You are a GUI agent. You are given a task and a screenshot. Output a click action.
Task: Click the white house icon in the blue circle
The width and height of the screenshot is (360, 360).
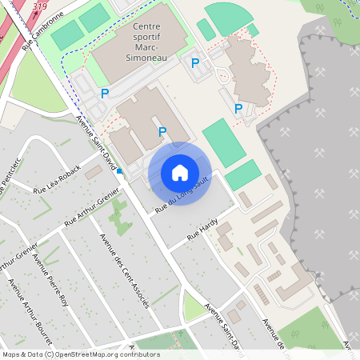(x=180, y=173)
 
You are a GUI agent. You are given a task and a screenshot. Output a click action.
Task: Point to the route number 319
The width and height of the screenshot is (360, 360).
(x=40, y=6)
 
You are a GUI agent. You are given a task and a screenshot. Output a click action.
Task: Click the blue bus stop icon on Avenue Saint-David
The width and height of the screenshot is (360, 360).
(x=119, y=170)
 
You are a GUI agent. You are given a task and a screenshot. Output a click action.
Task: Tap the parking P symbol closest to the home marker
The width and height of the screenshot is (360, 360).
(x=162, y=132)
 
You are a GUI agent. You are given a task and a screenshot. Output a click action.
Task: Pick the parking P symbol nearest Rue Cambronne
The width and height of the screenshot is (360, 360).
(x=104, y=94)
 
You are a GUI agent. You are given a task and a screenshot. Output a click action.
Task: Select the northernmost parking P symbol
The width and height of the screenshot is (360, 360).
(x=194, y=62)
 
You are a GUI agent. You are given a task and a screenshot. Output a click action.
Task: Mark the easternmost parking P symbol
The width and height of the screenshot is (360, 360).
(x=238, y=108)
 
